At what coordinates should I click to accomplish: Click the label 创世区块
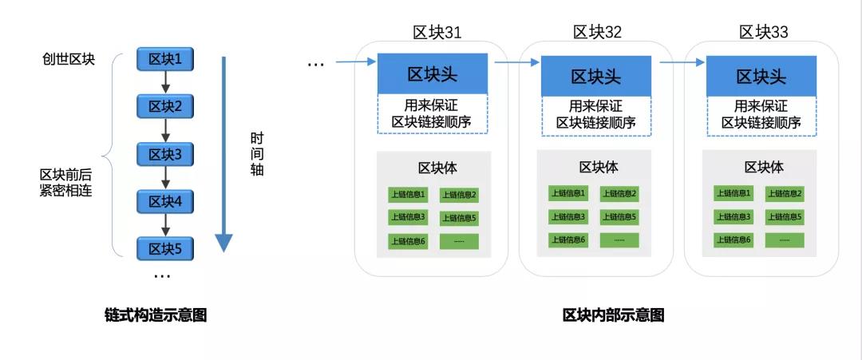pyautogui.click(x=69, y=59)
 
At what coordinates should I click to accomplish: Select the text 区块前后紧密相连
pyautogui.click(x=69, y=181)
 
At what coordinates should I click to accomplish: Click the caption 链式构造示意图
pyautogui.click(x=156, y=315)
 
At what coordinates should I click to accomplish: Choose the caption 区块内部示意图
pyautogui.click(x=613, y=315)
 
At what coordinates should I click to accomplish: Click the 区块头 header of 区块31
pyautogui.click(x=433, y=74)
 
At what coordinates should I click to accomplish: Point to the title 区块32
pyautogui.click(x=597, y=32)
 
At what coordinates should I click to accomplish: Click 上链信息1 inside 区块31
pyautogui.click(x=408, y=194)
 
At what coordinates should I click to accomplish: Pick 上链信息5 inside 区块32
pyautogui.click(x=619, y=216)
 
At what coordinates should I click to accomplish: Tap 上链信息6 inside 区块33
pyautogui.click(x=732, y=239)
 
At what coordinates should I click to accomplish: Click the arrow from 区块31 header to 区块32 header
pyautogui.click(x=517, y=60)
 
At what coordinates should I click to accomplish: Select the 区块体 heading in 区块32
pyautogui.click(x=599, y=167)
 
